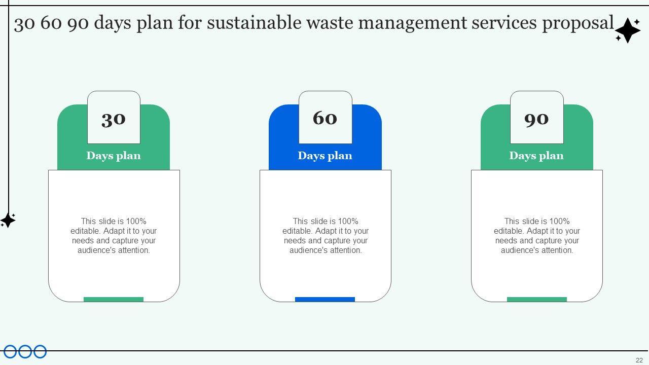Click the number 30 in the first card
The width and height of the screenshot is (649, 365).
(x=114, y=119)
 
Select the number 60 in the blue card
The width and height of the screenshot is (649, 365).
(x=325, y=118)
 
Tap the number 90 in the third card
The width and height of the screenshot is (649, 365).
(x=536, y=119)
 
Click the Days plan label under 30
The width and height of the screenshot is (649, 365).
(x=114, y=156)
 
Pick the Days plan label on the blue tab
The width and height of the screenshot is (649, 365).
(x=325, y=156)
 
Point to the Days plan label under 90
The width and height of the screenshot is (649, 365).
(x=536, y=156)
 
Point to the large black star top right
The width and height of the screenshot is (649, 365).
(x=628, y=30)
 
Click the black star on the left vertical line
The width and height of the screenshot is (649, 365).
(x=8, y=220)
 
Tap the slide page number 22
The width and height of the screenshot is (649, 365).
(x=639, y=360)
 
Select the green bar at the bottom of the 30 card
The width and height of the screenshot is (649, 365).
(x=114, y=300)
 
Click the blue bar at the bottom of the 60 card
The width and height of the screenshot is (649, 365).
(x=325, y=300)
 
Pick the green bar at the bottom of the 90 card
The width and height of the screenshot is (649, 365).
(x=536, y=300)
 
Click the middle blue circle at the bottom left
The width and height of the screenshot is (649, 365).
(x=25, y=351)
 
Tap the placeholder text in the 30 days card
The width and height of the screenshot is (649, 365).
(x=114, y=236)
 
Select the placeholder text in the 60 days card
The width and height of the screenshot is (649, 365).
(x=326, y=236)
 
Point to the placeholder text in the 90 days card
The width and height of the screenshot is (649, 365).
(x=537, y=236)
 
